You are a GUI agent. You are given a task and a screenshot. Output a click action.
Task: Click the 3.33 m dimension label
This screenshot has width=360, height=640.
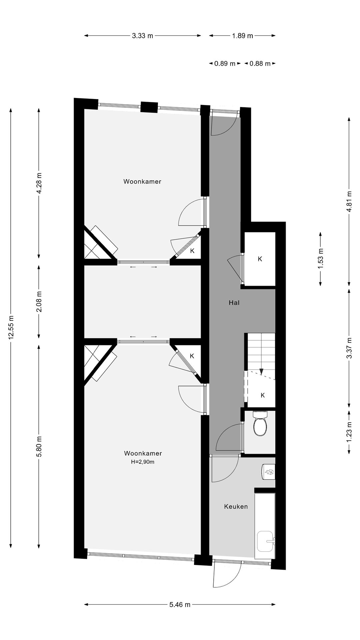142,36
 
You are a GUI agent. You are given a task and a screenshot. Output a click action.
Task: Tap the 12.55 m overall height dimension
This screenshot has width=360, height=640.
11,328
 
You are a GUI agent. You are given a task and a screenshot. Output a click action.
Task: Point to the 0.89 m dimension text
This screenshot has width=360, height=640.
225,64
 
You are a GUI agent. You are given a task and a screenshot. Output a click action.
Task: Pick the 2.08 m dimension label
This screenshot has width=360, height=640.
39,301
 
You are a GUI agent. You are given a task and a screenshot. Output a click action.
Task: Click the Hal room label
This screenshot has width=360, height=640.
234,303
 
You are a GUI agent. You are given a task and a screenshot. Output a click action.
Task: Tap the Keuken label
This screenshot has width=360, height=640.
236,507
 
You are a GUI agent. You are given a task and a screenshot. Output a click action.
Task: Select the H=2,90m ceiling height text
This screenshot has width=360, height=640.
143,462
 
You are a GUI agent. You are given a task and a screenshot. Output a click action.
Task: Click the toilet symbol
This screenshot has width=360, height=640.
260,426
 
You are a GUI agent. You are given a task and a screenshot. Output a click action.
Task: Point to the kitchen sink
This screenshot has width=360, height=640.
266,541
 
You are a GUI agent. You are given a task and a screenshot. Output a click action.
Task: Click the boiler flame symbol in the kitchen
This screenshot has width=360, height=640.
269,472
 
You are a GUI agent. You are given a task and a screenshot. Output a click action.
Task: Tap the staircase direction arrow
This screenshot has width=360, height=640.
262,371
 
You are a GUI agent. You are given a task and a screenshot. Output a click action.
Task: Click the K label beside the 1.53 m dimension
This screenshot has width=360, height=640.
260,259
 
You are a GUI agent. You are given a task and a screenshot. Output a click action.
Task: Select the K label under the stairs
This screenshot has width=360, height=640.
263,395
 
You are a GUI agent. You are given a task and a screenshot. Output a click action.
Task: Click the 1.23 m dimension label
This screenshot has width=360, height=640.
349,432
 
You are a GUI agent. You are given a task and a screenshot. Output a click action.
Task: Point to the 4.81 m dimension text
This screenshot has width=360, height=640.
349,201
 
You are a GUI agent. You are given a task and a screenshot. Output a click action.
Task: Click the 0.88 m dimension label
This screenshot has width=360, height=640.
260,64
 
